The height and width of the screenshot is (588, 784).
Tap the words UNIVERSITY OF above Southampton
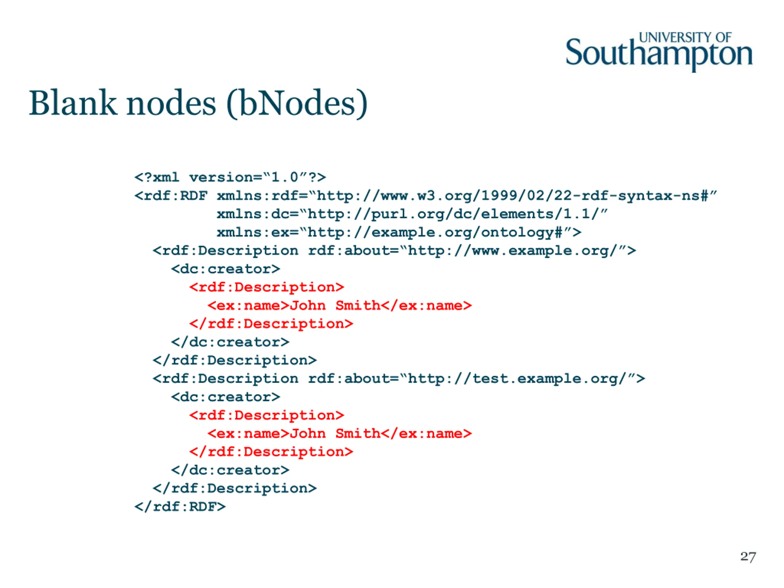tap(685, 37)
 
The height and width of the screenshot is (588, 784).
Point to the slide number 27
tap(748, 556)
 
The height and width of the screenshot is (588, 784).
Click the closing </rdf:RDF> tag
tap(180, 507)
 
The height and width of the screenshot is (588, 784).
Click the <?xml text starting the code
tap(157, 177)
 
